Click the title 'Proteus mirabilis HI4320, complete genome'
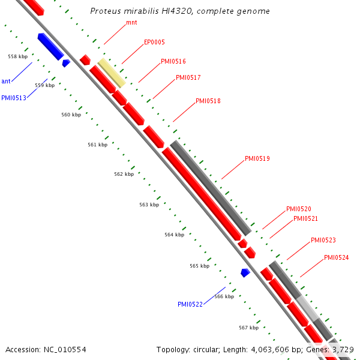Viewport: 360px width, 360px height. click(x=179, y=11)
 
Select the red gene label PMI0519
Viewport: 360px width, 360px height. click(x=257, y=159)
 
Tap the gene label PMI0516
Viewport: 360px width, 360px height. click(x=173, y=62)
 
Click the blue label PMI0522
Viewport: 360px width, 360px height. click(x=190, y=304)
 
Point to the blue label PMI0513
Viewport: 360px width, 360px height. click(x=14, y=98)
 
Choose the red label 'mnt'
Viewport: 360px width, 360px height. click(x=131, y=23)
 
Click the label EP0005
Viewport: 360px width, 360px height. click(x=154, y=43)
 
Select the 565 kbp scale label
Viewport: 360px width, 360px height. click(x=199, y=266)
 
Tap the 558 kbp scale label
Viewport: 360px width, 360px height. click(x=17, y=56)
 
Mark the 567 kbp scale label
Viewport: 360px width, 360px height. click(x=248, y=328)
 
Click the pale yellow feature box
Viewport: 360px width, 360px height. click(x=112, y=73)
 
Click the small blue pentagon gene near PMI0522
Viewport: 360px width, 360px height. click(x=245, y=272)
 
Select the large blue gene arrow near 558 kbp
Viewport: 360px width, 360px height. click(x=50, y=46)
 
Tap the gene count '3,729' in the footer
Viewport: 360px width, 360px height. click(x=343, y=349)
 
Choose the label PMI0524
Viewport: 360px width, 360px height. click(x=336, y=258)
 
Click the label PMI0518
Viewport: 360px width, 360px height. click(x=208, y=101)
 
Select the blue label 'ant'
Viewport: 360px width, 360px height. click(x=5, y=81)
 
